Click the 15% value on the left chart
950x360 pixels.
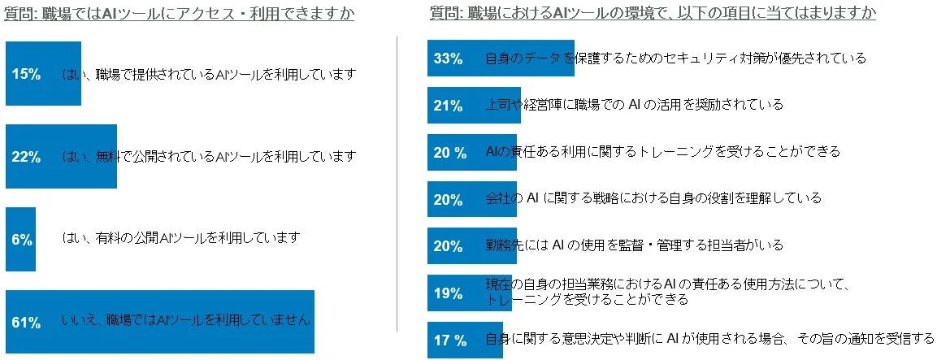pyautogui.click(x=26, y=75)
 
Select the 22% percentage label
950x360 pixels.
pyautogui.click(x=26, y=157)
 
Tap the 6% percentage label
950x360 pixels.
pyautogui.click(x=22, y=240)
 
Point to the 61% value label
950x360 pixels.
pyautogui.click(x=26, y=323)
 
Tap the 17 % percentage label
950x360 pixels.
pyautogui.click(x=449, y=340)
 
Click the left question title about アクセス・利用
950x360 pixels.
pyautogui.click(x=179, y=14)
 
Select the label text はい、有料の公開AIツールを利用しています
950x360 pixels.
pyautogui.click(x=181, y=238)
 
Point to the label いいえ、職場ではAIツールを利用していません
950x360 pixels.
pyautogui.click(x=186, y=320)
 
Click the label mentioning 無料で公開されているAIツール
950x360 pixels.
pyautogui.click(x=209, y=156)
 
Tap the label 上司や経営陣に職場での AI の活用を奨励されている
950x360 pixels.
pyautogui.click(x=634, y=105)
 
